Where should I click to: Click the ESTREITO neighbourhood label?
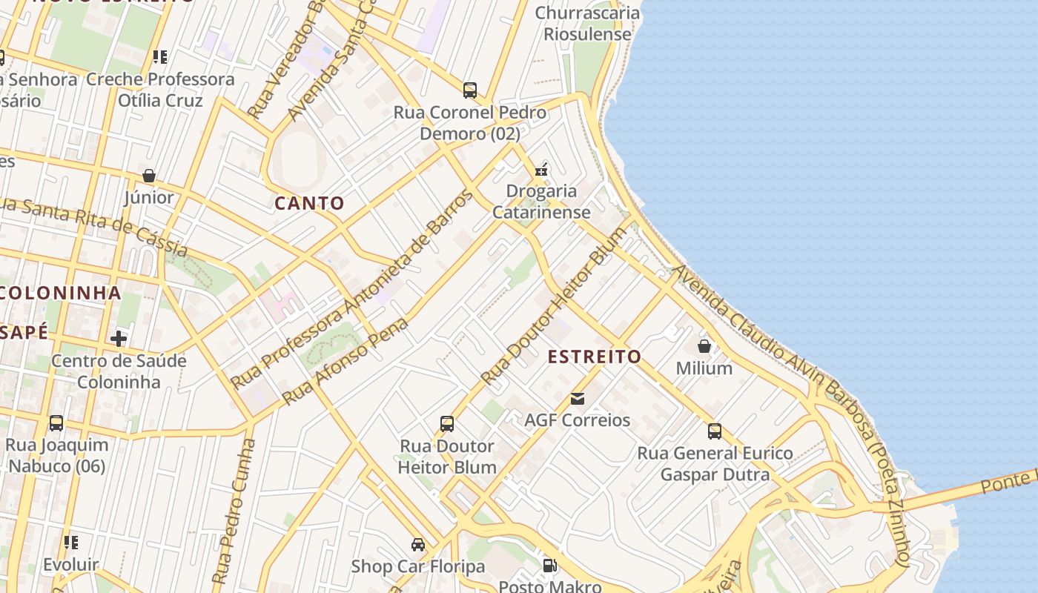594,357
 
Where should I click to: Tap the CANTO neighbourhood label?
310,203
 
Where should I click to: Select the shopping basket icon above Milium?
704,346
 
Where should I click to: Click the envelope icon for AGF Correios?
578,399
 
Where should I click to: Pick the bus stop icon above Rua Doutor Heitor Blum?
447,424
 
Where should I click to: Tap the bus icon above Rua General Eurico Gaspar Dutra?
715,431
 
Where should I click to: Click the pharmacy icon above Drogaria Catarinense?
542,170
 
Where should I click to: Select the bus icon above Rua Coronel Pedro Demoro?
470,90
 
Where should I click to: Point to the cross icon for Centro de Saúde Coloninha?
119,339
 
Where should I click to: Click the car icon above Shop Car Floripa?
418,545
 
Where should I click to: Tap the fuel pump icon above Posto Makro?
549,566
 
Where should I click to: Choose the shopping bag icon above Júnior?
149,176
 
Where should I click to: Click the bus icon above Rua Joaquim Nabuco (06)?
56,423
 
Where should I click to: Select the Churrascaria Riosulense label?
587,23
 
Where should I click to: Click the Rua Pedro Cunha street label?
233,511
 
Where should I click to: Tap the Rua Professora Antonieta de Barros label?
351,289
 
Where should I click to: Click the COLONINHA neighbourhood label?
59,292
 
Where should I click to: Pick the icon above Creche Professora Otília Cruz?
159,56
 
